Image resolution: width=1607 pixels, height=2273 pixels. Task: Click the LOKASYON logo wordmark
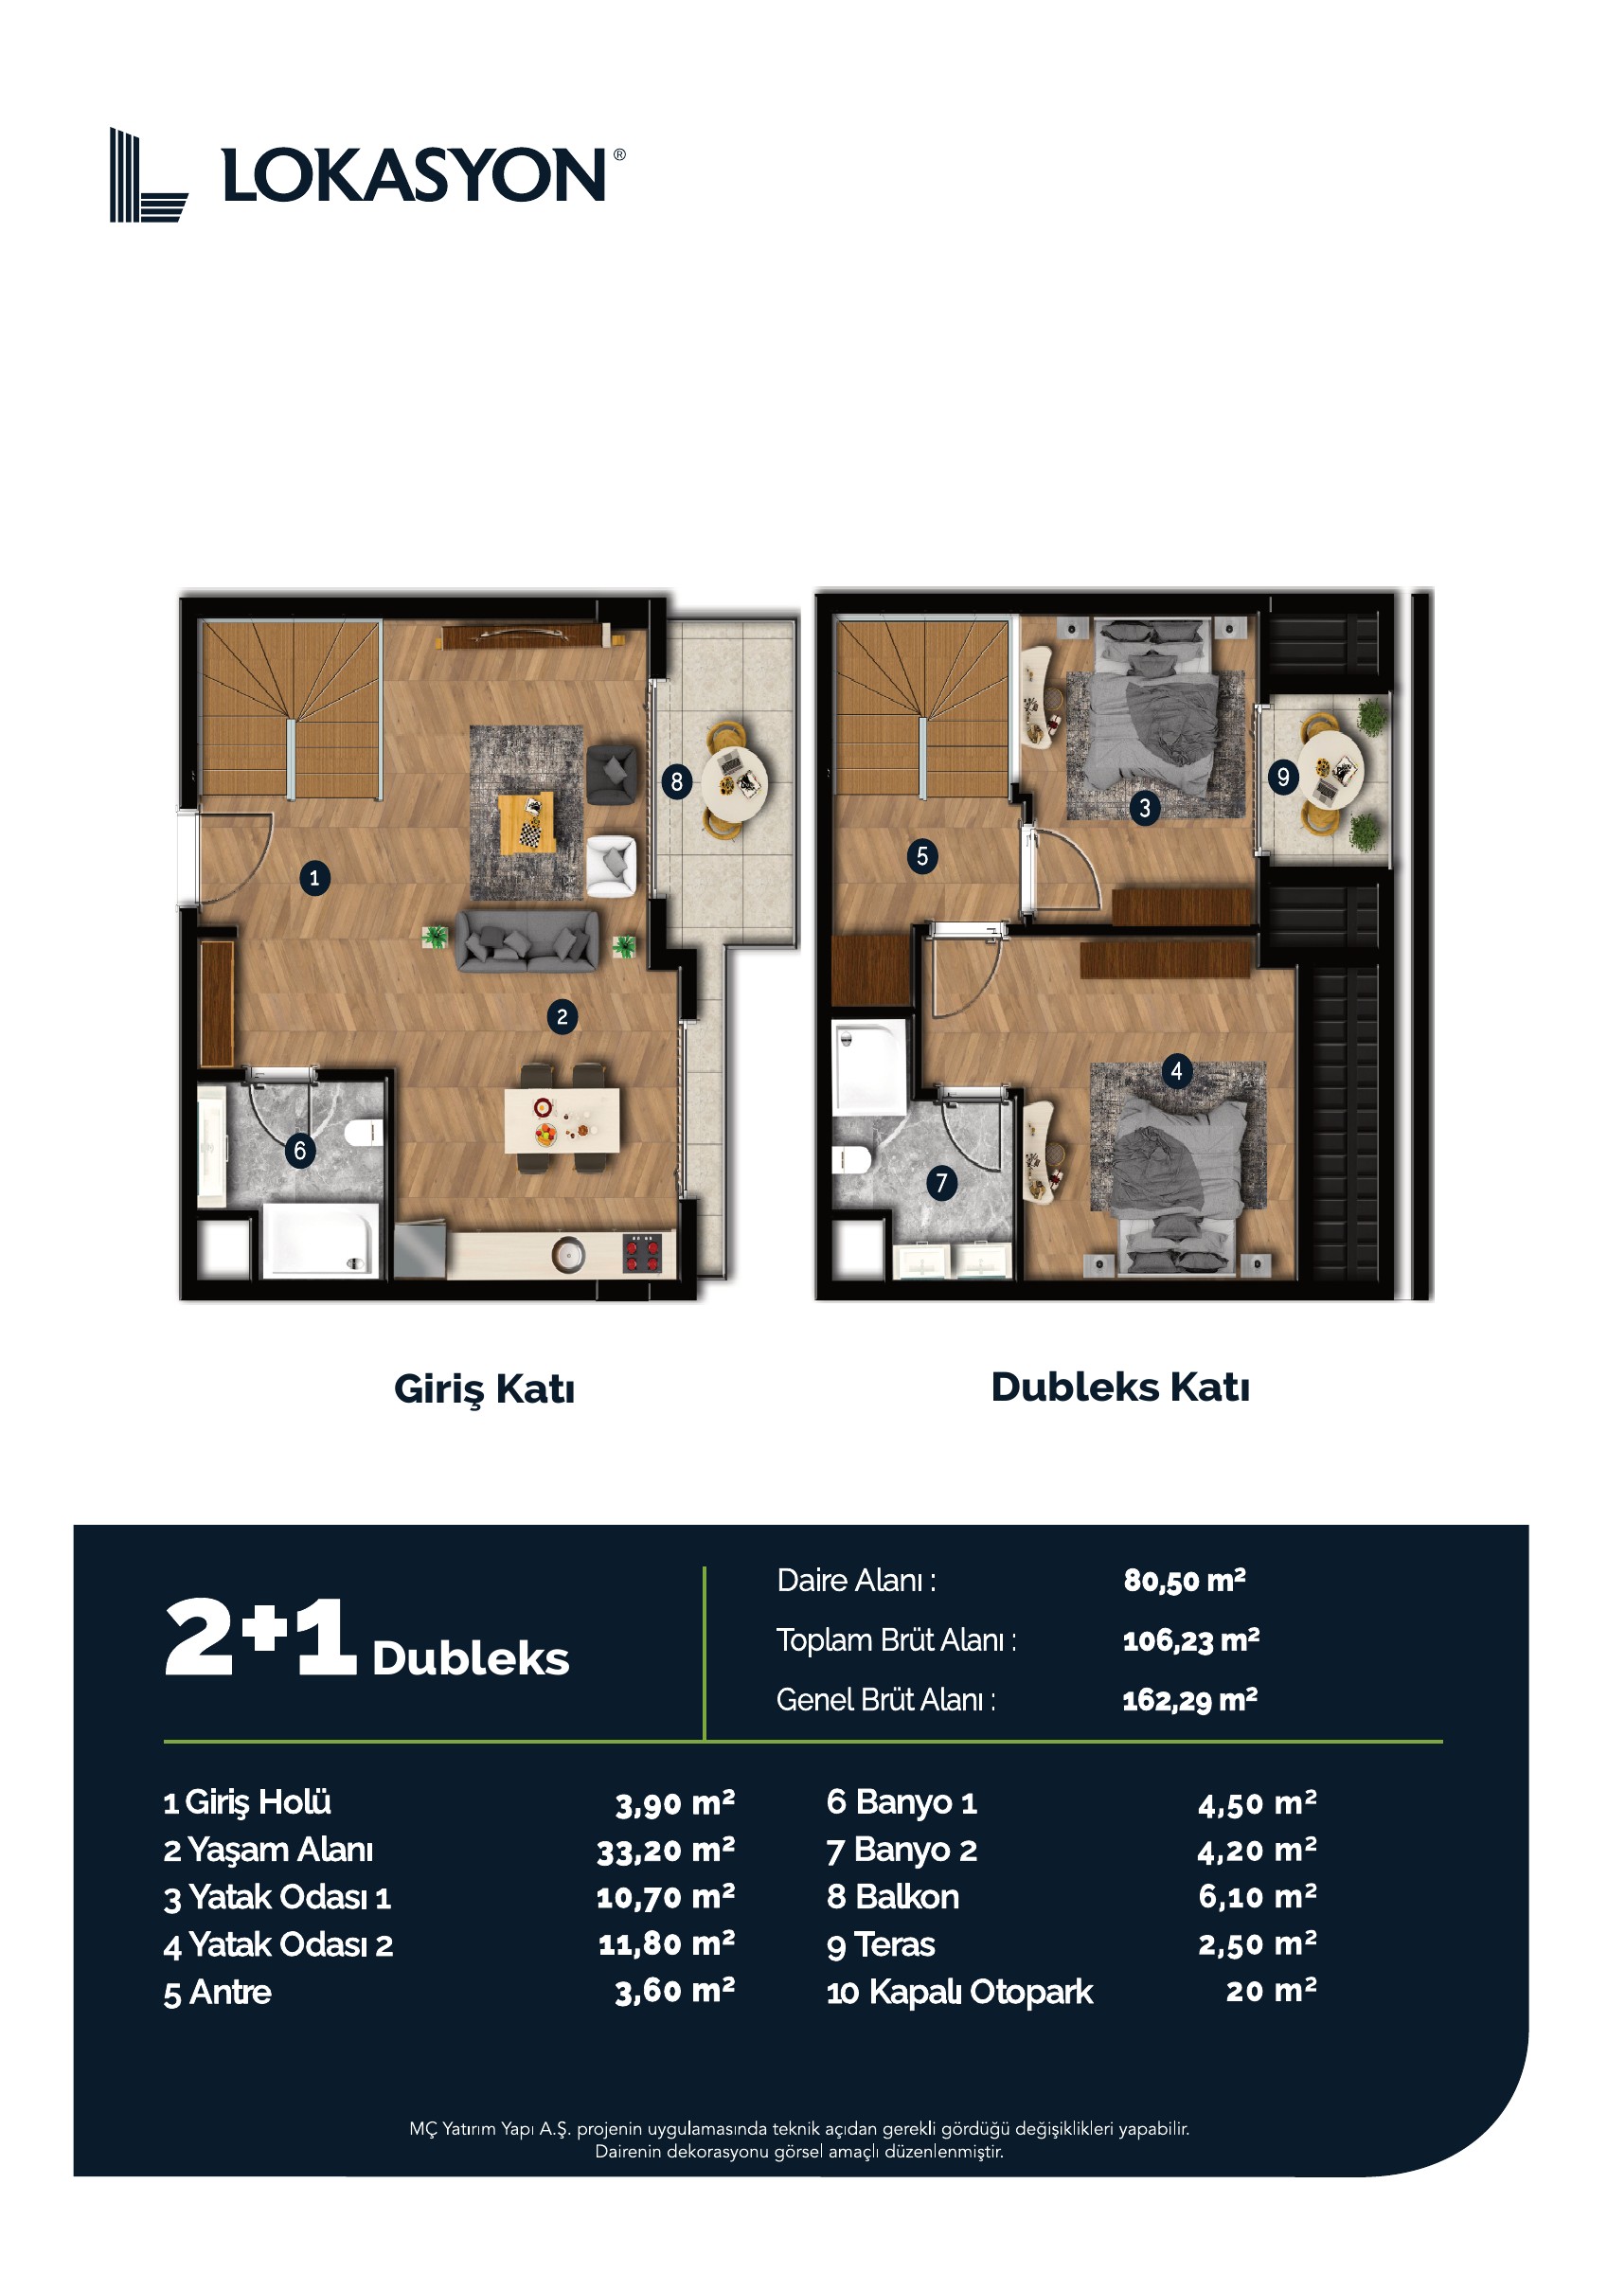[414, 175]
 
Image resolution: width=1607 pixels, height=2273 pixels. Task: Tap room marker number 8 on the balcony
[676, 782]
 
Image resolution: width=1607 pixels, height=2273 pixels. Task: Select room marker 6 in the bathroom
[300, 1151]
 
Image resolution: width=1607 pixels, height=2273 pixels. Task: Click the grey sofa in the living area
[527, 940]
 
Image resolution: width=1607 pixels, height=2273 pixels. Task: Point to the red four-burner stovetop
[643, 1252]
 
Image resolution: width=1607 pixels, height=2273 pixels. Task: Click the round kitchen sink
[568, 1255]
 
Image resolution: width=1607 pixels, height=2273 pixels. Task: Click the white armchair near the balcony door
[611, 867]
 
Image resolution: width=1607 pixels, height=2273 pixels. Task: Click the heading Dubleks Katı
[1120, 1387]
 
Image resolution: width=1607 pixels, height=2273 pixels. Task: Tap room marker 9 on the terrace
[1283, 778]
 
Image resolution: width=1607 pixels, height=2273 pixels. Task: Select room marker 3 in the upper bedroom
[1145, 808]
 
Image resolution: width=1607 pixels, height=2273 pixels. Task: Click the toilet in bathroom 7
[850, 1159]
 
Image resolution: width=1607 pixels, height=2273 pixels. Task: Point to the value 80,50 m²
[1185, 1581]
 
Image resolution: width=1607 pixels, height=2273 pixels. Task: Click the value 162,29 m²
[1189, 1701]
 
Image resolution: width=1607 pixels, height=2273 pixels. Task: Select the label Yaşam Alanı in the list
[280, 1850]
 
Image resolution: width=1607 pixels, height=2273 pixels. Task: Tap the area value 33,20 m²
[666, 1851]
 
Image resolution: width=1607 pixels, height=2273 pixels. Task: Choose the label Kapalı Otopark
[980, 1992]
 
